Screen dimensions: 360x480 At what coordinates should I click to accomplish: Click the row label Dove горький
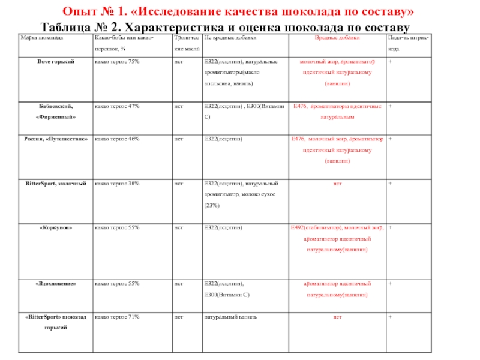(x=55, y=61)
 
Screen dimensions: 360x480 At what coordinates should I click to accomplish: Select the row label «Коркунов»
(x=55, y=228)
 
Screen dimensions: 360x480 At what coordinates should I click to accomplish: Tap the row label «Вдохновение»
(x=55, y=283)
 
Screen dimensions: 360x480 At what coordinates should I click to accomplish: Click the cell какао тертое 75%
(x=118, y=61)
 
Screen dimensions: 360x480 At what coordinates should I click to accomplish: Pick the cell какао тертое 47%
(x=118, y=106)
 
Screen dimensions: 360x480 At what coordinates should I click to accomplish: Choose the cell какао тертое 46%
(x=118, y=139)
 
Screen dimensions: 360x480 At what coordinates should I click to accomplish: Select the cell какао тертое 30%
(x=118, y=183)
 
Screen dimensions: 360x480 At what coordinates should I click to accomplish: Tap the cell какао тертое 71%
(x=118, y=316)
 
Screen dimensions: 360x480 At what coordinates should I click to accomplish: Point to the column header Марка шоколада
(x=42, y=38)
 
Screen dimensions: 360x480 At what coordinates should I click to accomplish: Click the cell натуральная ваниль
(x=226, y=316)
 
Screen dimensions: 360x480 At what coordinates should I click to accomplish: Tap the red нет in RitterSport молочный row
(x=338, y=183)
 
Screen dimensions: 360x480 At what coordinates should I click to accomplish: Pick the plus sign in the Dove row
(x=391, y=61)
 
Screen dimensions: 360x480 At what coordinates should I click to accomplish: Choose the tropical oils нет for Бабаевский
(x=178, y=106)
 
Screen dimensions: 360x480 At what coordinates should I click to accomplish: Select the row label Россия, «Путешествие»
(x=55, y=139)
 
